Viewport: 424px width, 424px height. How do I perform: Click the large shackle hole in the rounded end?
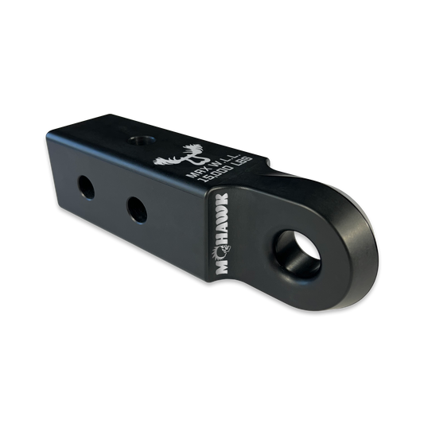pyautogui.click(x=298, y=255)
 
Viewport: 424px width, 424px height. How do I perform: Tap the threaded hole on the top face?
pyautogui.click(x=142, y=140)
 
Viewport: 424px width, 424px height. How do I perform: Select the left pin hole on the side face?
pyautogui.click(x=86, y=188)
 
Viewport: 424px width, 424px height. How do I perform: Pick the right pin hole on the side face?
pyautogui.click(x=137, y=210)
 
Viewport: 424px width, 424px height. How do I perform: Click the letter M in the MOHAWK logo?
pyautogui.click(x=223, y=266)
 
